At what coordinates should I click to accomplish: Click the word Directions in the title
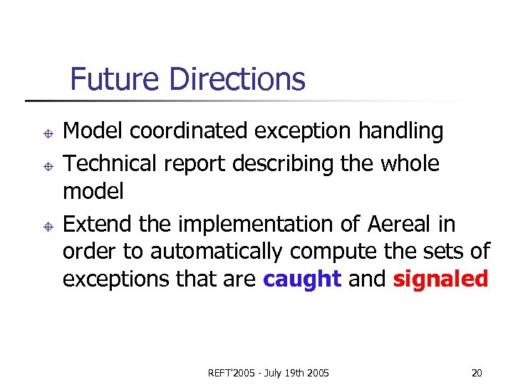tap(239, 79)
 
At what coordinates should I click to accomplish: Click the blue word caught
tap(302, 279)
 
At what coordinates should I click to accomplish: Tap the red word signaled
tap(440, 279)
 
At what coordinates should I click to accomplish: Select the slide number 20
tap(477, 373)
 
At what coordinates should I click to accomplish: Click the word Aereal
tap(399, 224)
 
